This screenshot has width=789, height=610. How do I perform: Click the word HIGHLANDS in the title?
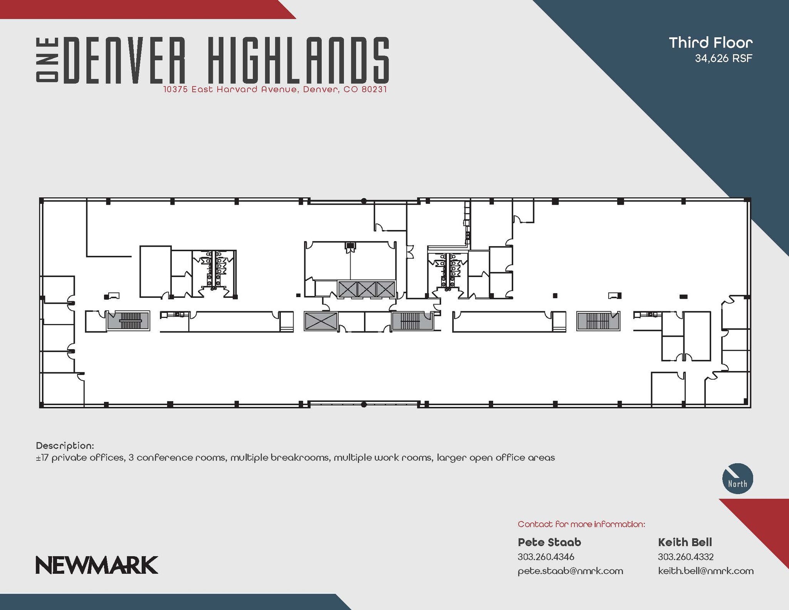[x=299, y=60]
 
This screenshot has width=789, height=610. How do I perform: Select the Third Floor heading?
[x=710, y=43]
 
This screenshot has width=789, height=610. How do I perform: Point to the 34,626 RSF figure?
[x=723, y=59]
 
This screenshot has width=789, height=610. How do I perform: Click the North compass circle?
[x=737, y=479]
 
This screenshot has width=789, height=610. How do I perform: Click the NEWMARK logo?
[x=97, y=565]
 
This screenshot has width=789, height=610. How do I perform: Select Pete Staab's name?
[x=549, y=542]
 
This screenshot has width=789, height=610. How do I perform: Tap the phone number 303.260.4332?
[x=685, y=557]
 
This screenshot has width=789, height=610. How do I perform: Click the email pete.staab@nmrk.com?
[x=570, y=571]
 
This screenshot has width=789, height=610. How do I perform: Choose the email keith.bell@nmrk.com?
[x=705, y=571]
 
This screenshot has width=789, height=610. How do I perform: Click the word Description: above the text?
[x=65, y=446]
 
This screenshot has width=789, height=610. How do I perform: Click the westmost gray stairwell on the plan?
[x=128, y=321]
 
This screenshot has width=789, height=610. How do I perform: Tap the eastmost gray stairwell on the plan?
[x=598, y=321]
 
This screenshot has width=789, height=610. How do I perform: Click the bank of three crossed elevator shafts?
[x=366, y=289]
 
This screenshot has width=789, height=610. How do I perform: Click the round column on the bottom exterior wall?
[x=363, y=405]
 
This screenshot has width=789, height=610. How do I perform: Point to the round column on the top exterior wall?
[x=363, y=201]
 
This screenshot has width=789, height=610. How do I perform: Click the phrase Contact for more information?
[x=581, y=524]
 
